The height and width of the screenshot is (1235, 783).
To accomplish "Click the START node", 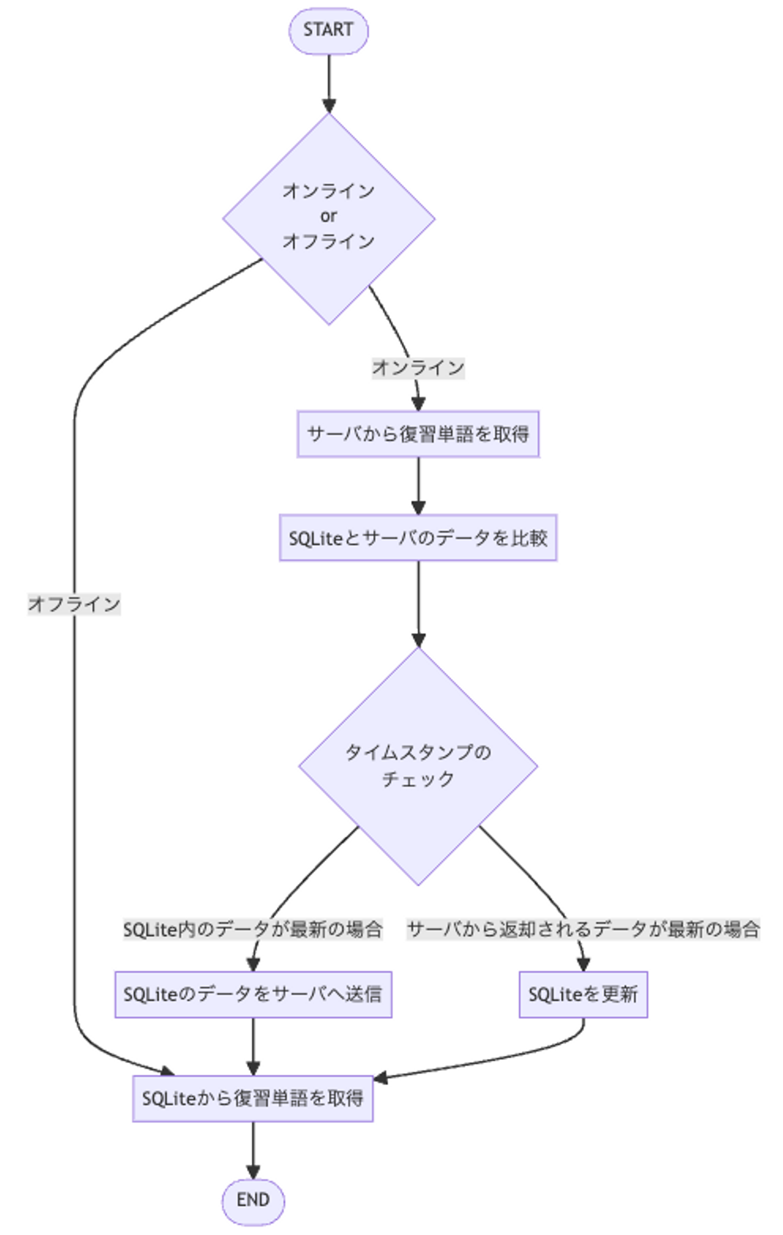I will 328,30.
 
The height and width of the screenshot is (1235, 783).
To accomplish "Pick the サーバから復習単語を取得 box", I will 418,434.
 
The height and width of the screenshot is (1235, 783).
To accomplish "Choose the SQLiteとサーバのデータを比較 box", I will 418,538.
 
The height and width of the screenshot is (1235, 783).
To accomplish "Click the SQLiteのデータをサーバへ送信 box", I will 253,994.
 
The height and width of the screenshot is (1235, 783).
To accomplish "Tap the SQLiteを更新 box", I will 583,994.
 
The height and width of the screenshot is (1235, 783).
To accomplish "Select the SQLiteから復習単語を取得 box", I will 253,1098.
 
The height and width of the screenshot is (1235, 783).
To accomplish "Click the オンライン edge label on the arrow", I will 418,368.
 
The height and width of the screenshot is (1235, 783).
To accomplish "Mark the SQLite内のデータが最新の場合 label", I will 253,930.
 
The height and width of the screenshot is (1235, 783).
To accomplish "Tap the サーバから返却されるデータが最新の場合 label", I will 583,930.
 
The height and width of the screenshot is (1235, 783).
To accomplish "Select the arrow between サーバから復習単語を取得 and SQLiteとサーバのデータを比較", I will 418,484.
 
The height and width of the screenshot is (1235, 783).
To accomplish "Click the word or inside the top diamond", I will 328,216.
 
